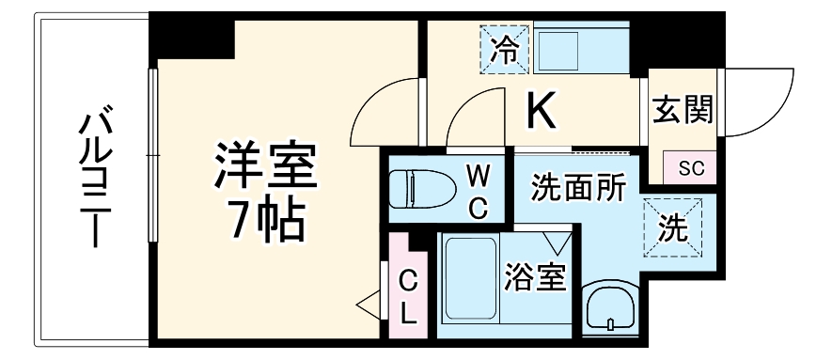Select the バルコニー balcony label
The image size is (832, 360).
[x=92, y=179]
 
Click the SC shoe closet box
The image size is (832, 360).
[x=691, y=169]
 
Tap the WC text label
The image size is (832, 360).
[x=479, y=191]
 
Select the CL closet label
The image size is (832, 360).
[x=408, y=296]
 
